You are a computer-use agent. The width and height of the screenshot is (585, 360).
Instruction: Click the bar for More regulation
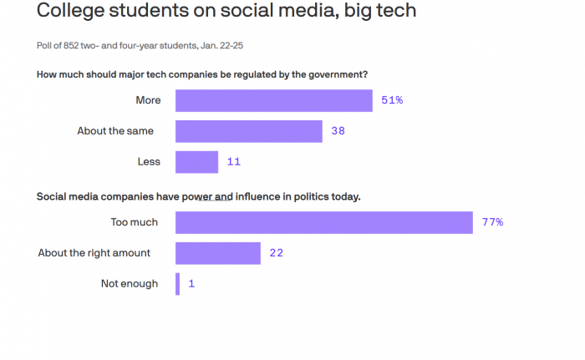(x=273, y=100)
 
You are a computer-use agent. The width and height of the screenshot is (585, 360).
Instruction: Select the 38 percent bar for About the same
(x=248, y=131)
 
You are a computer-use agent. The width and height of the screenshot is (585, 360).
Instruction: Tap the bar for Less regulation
(x=196, y=162)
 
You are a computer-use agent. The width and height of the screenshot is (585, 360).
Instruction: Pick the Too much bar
(x=324, y=222)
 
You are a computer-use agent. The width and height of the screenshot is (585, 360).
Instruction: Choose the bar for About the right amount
(x=217, y=253)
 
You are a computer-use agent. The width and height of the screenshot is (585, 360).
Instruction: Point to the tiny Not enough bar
(x=177, y=284)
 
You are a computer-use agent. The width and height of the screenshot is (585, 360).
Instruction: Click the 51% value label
(x=392, y=100)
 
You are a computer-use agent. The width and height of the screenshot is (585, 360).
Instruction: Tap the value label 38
(x=338, y=131)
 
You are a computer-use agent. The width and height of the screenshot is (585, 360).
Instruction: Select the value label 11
(x=233, y=162)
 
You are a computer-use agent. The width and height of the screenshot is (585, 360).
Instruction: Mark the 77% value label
(x=492, y=222)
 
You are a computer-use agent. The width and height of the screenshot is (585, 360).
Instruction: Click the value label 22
(x=276, y=253)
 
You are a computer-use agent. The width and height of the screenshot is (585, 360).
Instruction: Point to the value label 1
(x=191, y=284)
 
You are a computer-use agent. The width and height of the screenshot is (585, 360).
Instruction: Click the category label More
(x=148, y=100)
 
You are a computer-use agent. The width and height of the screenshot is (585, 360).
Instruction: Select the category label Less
(x=149, y=161)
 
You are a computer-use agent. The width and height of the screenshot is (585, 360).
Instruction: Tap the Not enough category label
(x=130, y=284)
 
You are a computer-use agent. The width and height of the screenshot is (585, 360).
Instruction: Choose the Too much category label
(x=135, y=222)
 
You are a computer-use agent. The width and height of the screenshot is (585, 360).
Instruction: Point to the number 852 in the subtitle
(x=69, y=45)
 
